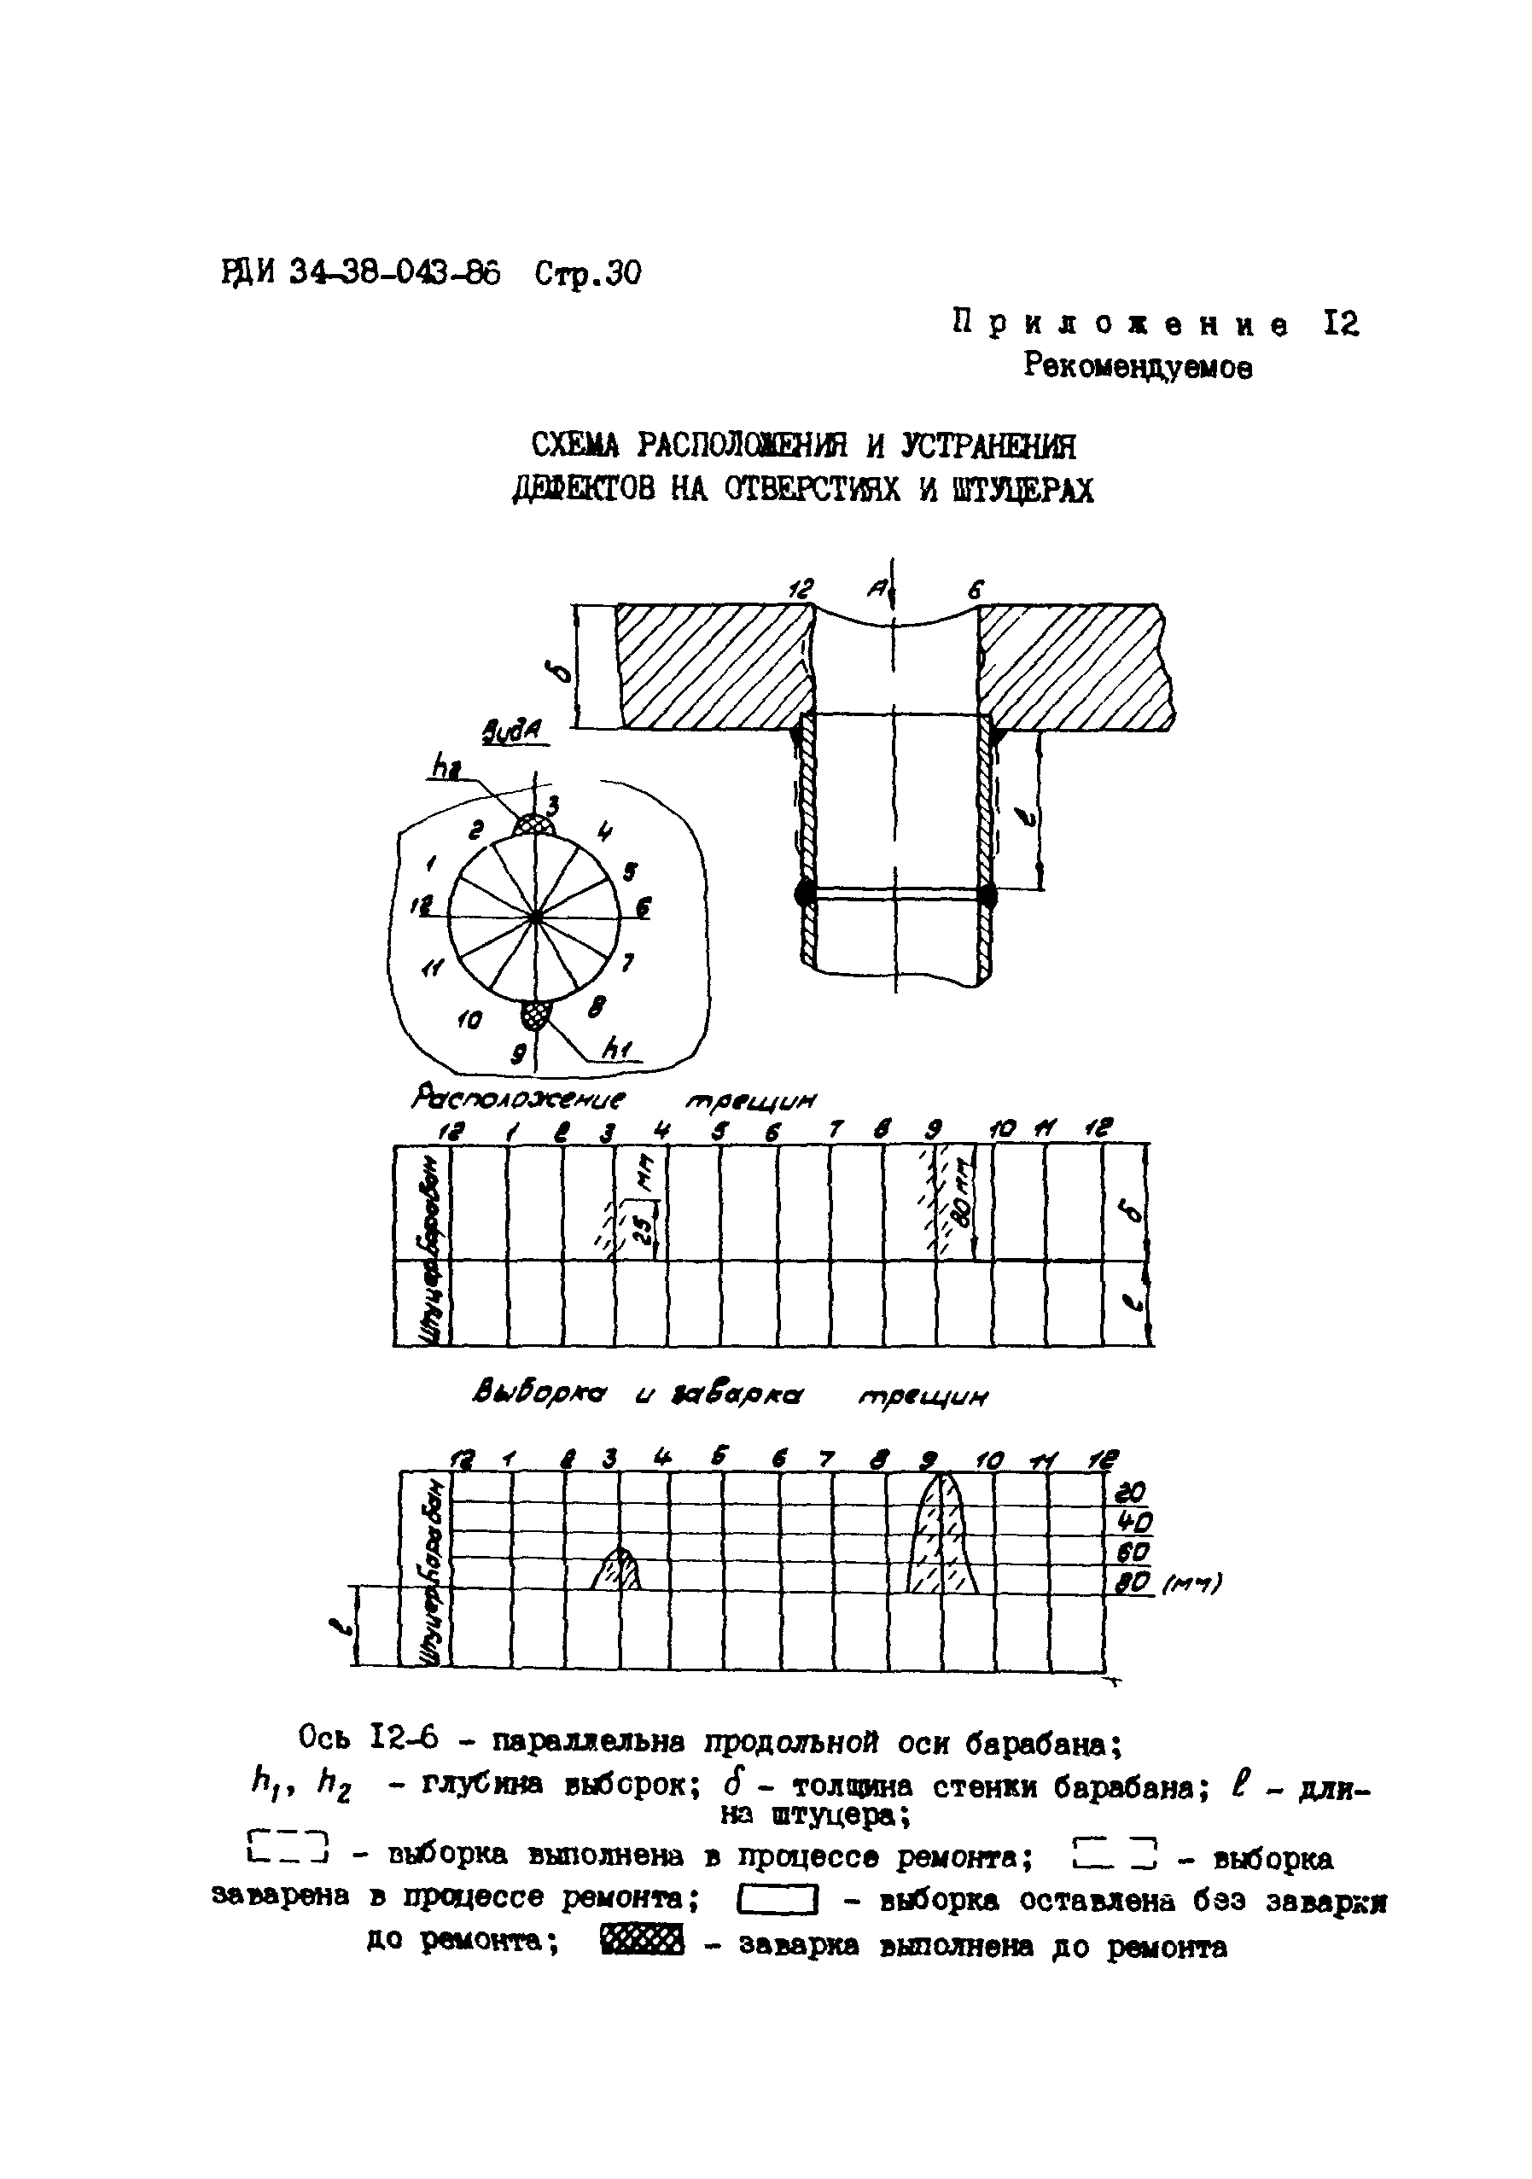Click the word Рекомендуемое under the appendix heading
[x=1137, y=366]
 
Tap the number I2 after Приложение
[x=1339, y=324]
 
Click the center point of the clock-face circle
[x=535, y=917]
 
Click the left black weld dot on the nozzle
[x=805, y=893]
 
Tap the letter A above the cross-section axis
[x=875, y=591]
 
